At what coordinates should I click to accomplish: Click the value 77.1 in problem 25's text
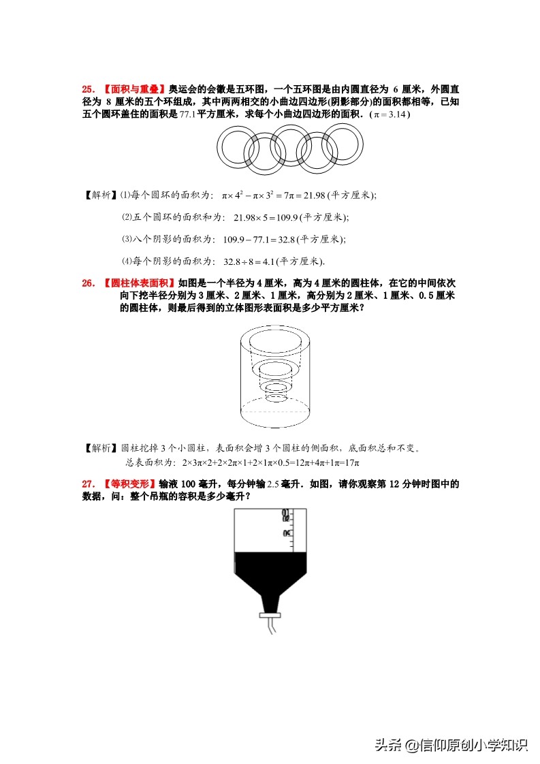187,115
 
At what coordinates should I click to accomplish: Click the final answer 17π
350,462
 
